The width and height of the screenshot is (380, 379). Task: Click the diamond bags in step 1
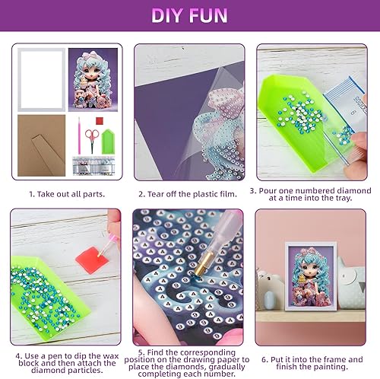(94, 165)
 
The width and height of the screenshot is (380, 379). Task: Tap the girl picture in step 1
(93, 78)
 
